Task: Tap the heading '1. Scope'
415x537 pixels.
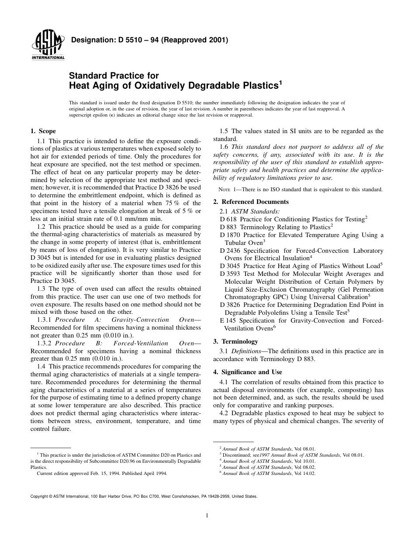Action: coord(43,131)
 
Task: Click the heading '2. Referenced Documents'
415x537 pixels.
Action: coord(251,202)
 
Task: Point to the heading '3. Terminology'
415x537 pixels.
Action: coord(235,341)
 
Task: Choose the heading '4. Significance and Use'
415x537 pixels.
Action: coord(247,372)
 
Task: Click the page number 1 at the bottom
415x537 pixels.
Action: coord(207,515)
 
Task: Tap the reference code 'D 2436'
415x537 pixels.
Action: coord(230,251)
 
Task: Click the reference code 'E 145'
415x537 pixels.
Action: coord(228,320)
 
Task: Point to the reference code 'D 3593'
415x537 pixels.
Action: coord(230,274)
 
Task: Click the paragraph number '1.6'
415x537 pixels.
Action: coord(225,147)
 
